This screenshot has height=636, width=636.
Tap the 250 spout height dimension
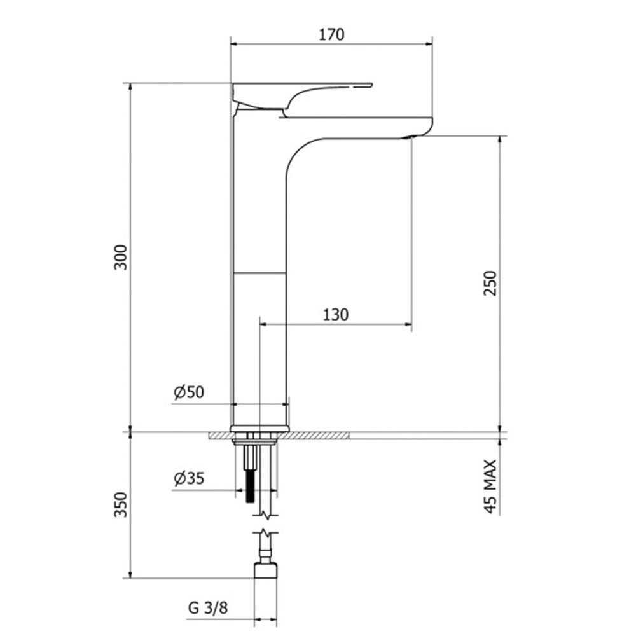[x=488, y=282]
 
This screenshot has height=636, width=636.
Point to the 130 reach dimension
[x=335, y=314]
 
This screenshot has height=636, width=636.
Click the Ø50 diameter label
[x=188, y=392]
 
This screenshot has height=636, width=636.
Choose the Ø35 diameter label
[x=188, y=479]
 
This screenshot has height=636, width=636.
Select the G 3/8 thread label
[x=208, y=608]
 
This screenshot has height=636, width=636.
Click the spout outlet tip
[x=412, y=136]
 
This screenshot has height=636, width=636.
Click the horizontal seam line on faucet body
[x=261, y=273]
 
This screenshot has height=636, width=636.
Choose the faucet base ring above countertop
[x=261, y=426]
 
